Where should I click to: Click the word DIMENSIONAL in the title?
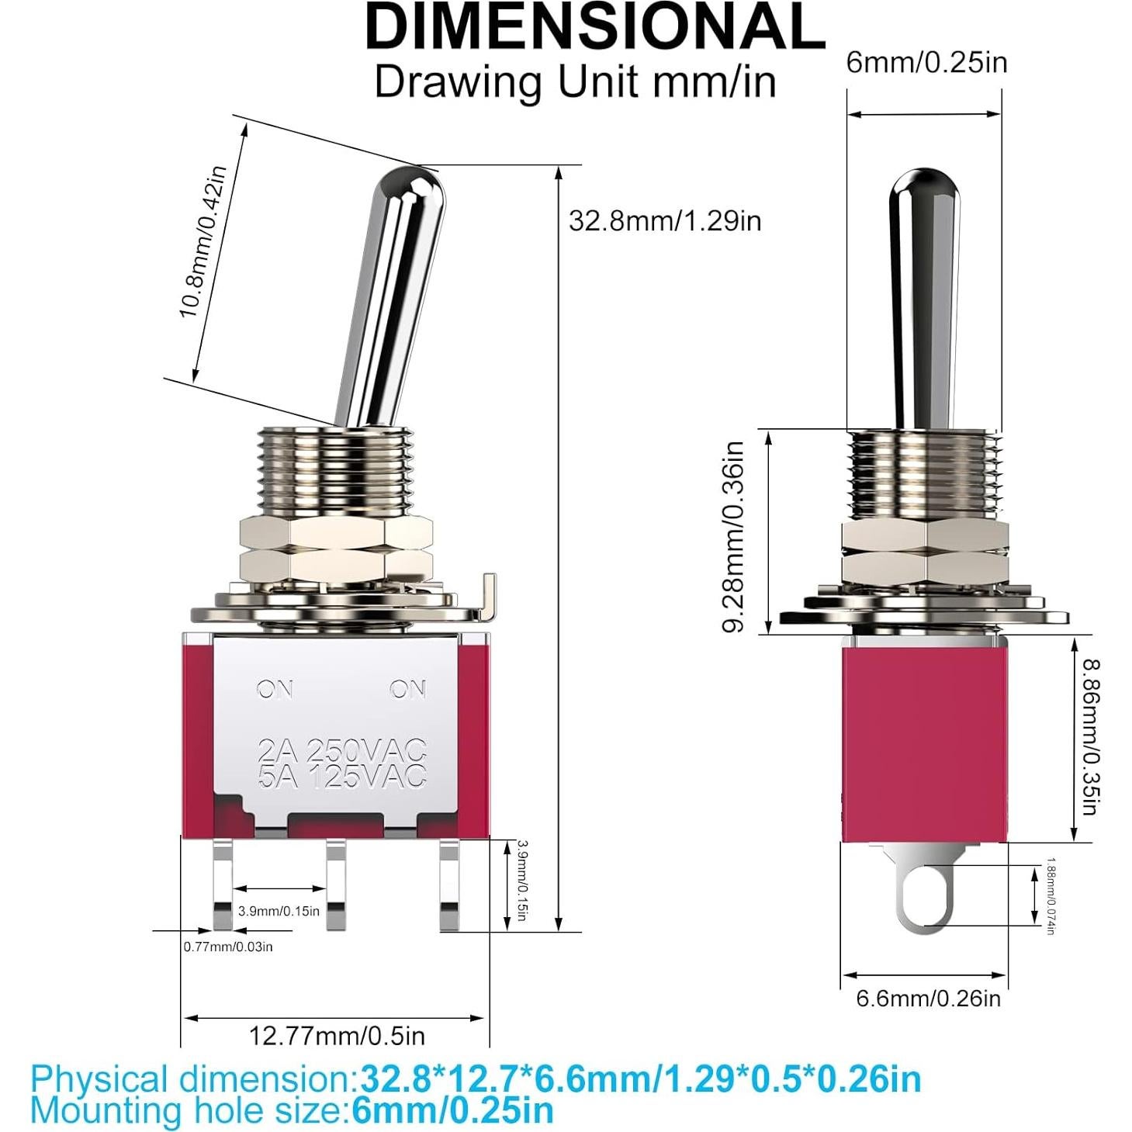click(594, 27)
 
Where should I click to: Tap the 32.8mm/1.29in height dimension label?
click(665, 221)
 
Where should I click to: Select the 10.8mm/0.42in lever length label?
click(203, 243)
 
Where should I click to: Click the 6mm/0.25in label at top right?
click(926, 62)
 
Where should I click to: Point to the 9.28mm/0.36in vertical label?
click(734, 536)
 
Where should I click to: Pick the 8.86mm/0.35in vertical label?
click(1091, 736)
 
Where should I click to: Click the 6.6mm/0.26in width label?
click(928, 998)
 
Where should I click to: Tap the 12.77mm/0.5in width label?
click(337, 1035)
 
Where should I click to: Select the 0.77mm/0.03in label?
click(228, 947)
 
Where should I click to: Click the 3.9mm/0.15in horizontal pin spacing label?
click(279, 911)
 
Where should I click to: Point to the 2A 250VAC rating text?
click(342, 749)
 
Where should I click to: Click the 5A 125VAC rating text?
click(342, 775)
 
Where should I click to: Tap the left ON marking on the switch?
click(275, 688)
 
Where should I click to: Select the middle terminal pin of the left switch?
click(335, 884)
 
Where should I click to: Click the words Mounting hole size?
click(187, 1111)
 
